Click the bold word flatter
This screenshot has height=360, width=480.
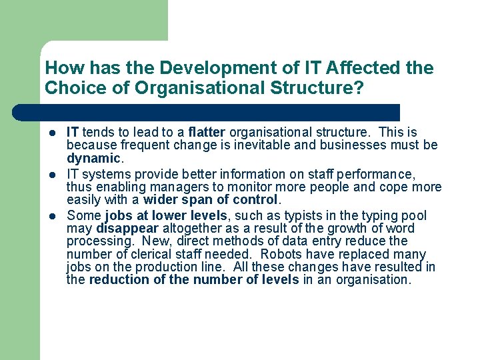pyautogui.click(x=207, y=132)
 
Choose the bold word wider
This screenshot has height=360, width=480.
pyautogui.click(x=161, y=199)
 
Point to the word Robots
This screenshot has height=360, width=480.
pyautogui.click(x=283, y=254)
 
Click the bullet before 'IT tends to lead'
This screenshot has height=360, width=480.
pyautogui.click(x=51, y=133)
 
